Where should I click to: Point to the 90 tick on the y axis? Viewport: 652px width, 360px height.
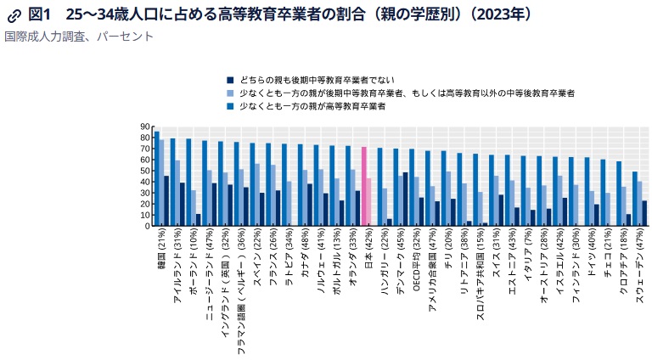tap(144, 127)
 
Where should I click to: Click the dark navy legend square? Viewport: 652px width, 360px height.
tap(230, 78)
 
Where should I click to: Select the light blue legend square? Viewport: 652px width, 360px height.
tap(230, 93)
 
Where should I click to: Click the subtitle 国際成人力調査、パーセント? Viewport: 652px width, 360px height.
tap(79, 37)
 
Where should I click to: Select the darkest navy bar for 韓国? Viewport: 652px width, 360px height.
tap(166, 200)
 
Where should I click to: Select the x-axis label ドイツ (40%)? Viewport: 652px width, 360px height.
tap(592, 254)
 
